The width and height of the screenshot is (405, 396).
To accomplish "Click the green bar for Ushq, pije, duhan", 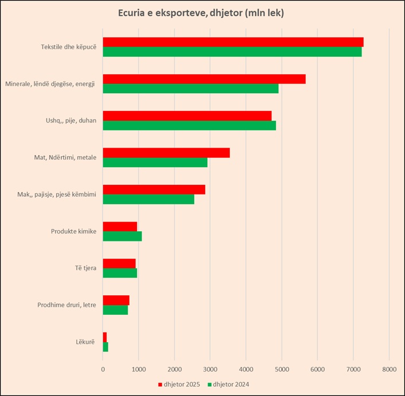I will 189,125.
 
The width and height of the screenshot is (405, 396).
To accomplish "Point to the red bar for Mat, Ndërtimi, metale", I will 166,153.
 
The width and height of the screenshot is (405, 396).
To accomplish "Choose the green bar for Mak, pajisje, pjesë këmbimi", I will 148,199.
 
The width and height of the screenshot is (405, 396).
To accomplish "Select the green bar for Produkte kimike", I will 122,236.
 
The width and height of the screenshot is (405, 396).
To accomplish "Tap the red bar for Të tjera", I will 119,263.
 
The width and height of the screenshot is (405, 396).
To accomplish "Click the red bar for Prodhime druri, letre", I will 116,300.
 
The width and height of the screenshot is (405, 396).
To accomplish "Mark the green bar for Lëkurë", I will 105,347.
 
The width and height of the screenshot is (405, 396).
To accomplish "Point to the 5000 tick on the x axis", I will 281,369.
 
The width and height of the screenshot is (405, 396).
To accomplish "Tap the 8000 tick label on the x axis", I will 389,369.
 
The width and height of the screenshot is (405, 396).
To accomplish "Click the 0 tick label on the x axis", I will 103,369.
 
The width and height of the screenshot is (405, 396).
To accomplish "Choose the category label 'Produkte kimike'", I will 73,231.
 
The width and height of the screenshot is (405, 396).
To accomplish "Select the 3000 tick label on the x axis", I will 210,369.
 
